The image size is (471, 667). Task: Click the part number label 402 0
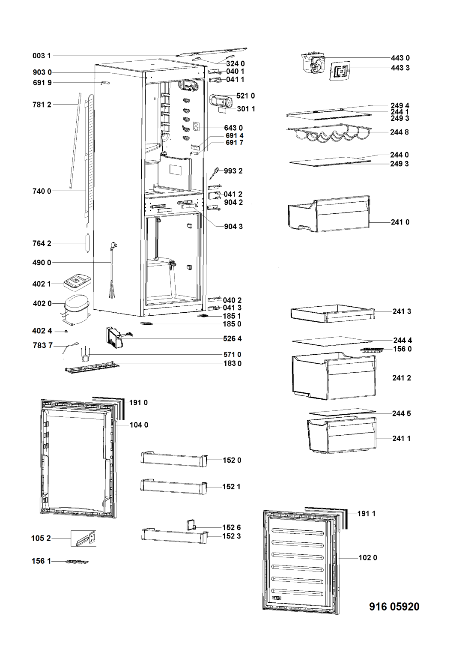click(42, 304)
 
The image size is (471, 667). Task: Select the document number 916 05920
click(394, 607)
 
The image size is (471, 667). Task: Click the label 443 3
click(400, 68)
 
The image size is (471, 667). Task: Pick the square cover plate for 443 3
click(341, 70)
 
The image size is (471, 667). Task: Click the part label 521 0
click(245, 96)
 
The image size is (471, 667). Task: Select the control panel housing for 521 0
click(221, 102)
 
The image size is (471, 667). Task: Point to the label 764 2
click(42, 244)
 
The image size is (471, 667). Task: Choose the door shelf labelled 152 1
click(173, 486)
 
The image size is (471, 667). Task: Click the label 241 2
click(402, 378)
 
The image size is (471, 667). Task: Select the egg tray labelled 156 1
click(77, 561)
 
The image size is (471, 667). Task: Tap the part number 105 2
click(41, 538)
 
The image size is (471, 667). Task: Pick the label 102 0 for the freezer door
click(368, 558)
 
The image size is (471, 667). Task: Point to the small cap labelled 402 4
click(66, 331)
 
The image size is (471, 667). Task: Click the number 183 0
click(232, 364)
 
